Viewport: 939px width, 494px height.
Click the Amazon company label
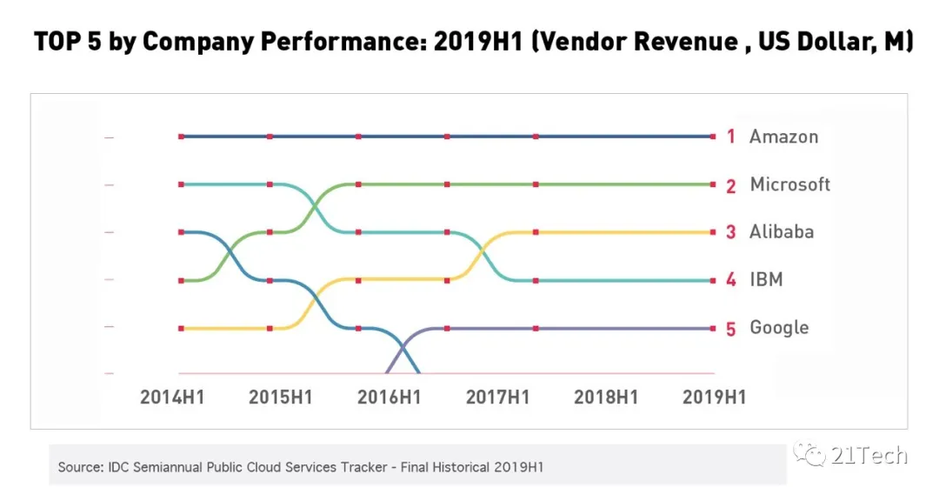tap(783, 137)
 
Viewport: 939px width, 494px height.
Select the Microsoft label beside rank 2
tap(789, 184)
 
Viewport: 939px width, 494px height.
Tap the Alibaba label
tap(782, 232)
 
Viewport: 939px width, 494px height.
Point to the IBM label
tap(766, 280)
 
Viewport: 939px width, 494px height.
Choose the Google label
tap(779, 328)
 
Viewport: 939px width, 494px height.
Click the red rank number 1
tap(731, 137)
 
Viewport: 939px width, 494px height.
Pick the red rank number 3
tap(731, 232)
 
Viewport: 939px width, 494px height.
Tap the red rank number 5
tap(731, 329)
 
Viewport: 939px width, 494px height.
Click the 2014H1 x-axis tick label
tap(172, 397)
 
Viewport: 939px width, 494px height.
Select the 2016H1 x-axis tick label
tap(389, 397)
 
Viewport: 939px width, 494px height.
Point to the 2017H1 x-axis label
tap(497, 397)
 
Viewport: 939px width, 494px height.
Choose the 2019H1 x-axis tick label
tap(714, 397)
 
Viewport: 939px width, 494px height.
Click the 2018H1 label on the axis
tap(606, 397)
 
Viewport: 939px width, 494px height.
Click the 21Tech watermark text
tap(870, 455)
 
